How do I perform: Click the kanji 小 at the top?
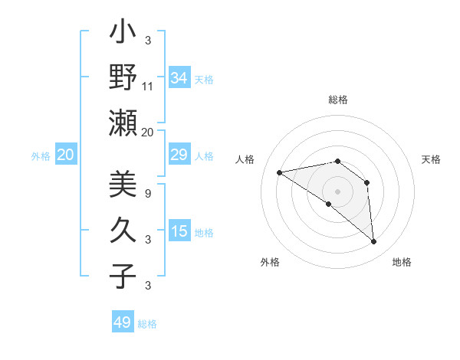tap(123, 33)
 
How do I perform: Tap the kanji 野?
tap(123, 77)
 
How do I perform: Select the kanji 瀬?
tap(123, 122)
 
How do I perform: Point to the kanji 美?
tap(123, 185)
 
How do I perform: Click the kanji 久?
tap(123, 230)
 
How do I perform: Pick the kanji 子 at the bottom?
tap(123, 275)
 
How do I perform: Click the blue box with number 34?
tap(179, 78)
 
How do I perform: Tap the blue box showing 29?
tap(179, 155)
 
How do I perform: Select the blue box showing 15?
tap(179, 232)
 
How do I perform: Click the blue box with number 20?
tap(65, 155)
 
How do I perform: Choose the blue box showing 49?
tap(123, 322)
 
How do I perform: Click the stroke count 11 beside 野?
tap(148, 87)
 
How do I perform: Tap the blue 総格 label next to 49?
tap(147, 324)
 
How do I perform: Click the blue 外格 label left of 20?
tap(41, 156)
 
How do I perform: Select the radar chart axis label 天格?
tap(431, 159)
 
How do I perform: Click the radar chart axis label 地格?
tap(402, 262)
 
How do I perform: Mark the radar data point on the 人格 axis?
tap(280, 172)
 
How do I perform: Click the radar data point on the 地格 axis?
tap(373, 241)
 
